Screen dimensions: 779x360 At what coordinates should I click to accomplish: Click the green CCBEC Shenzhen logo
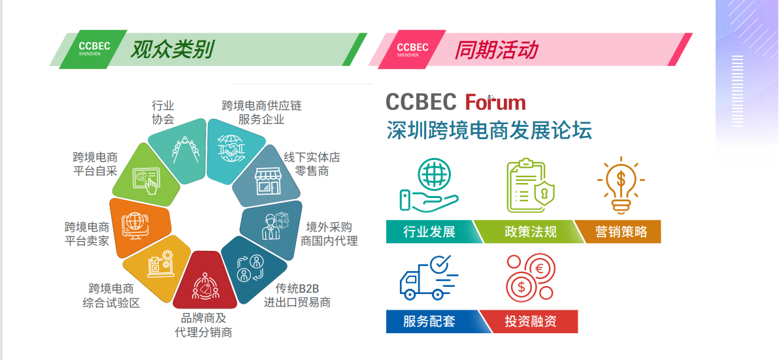[x=94, y=48]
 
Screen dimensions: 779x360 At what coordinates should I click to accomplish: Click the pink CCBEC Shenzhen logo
[x=412, y=49]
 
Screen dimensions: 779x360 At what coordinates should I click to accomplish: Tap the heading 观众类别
[x=172, y=50]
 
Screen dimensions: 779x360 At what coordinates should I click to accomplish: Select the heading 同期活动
[x=496, y=50]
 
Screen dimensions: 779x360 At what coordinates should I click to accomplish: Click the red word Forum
[x=495, y=103]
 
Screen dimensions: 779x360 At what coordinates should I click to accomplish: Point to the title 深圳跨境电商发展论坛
[x=489, y=131]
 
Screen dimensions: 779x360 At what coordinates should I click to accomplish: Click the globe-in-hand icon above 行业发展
[x=429, y=185]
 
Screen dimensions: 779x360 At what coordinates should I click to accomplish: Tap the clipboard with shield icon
[x=530, y=185]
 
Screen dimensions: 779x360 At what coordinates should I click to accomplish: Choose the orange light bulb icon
[x=620, y=184]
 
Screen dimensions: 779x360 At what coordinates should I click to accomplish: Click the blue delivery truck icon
[x=429, y=277]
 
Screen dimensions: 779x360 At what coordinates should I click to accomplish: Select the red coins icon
[x=530, y=278]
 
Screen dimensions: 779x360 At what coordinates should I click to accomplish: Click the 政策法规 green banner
[x=529, y=231]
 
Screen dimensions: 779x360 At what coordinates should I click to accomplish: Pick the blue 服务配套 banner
[x=431, y=321]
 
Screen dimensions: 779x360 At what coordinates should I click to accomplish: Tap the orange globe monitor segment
[x=139, y=227]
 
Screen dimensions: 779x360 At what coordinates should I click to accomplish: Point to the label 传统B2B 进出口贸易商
[x=297, y=295]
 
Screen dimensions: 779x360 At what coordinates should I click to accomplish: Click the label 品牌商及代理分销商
[x=204, y=325]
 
